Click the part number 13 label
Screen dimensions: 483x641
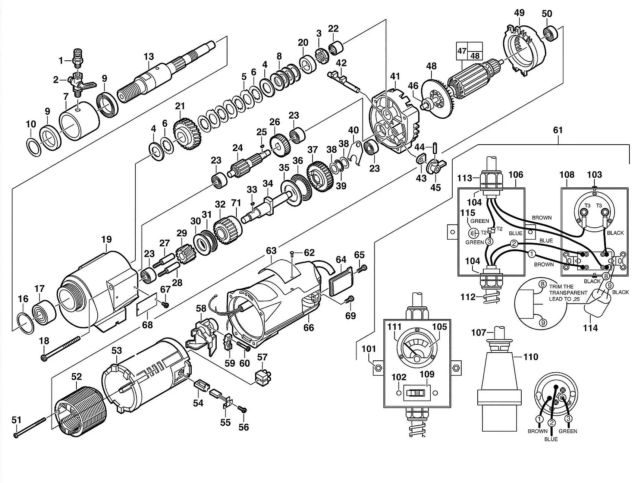pyautogui.click(x=149, y=57)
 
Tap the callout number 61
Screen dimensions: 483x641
pyautogui.click(x=558, y=130)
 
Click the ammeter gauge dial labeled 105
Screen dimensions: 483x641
pyautogui.click(x=417, y=348)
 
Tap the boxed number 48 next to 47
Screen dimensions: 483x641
pyautogui.click(x=475, y=56)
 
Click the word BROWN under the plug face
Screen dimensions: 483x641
pyautogui.click(x=537, y=431)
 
